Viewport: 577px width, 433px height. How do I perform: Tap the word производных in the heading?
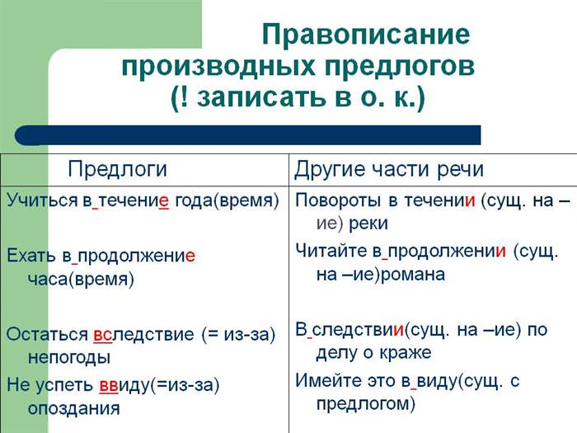tap(219, 67)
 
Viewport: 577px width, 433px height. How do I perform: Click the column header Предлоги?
tap(117, 170)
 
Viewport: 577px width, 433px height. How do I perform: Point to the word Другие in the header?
tap(330, 170)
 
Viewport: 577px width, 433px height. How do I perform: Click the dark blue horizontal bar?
tap(247, 135)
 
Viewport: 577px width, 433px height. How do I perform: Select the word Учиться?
tap(42, 201)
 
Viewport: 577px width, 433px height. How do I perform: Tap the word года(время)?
tap(227, 201)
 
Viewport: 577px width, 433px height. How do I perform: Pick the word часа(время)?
tap(81, 280)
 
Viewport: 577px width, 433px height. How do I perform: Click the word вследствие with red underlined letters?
tap(143, 334)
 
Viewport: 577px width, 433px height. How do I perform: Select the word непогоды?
tap(69, 358)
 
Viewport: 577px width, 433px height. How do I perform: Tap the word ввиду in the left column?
tap(125, 386)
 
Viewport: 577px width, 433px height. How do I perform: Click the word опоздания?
tap(74, 409)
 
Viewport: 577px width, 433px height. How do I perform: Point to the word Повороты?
tap(338, 201)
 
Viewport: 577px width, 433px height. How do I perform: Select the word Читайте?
tap(331, 251)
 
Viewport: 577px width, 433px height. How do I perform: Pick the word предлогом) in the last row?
tap(366, 404)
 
